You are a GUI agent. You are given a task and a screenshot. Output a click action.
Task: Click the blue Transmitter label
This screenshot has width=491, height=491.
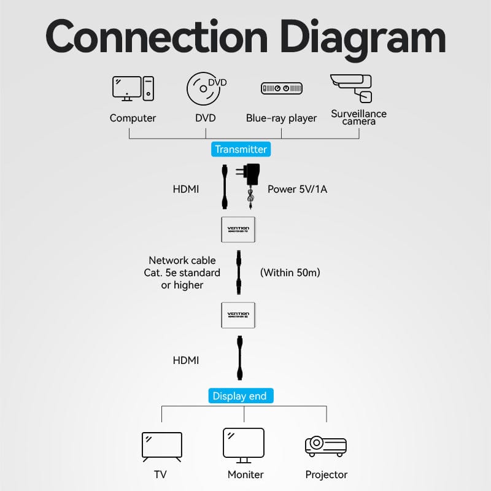[240, 149]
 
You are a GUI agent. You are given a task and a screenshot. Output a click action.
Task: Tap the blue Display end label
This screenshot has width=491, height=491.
[239, 396]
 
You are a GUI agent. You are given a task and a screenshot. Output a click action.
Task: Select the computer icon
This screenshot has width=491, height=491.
[133, 88]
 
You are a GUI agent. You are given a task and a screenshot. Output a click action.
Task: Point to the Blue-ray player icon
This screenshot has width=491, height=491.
[282, 89]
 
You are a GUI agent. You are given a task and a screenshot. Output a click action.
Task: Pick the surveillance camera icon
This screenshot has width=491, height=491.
[352, 88]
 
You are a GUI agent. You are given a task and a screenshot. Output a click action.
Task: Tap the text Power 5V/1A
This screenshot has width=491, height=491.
[298, 189]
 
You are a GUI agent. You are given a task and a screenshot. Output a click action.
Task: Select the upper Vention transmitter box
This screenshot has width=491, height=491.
[238, 230]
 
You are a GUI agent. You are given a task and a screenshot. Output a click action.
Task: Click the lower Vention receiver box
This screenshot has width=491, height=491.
[238, 315]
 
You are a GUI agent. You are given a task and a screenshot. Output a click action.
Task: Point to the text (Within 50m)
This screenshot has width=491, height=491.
[290, 272]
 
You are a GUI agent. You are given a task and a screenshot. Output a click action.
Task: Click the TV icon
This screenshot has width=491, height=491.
[161, 447]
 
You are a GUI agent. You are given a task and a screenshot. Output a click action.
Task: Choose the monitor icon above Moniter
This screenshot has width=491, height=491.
[244, 445]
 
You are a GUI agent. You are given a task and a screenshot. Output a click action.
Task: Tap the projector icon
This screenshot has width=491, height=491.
[326, 446]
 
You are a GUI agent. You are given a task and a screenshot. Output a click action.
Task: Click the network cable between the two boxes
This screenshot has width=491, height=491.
[238, 272]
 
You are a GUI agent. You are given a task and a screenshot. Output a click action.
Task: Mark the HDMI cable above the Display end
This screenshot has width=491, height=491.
[239, 359]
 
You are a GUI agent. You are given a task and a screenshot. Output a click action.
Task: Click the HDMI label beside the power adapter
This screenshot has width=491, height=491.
[186, 189]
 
